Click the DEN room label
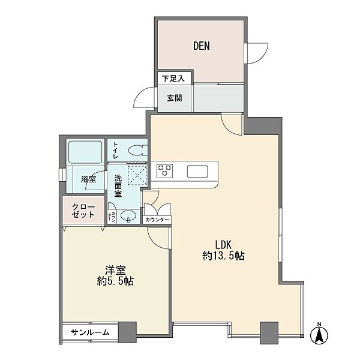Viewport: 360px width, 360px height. pos(202,46)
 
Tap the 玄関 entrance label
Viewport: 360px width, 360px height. pos(175,98)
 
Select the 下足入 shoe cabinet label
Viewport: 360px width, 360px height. pos(173,79)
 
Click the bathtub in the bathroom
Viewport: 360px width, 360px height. pos(85,152)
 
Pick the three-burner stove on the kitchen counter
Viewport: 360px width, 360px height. pos(164,170)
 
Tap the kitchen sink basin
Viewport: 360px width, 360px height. pos(197,171)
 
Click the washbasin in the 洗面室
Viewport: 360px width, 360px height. pos(128,216)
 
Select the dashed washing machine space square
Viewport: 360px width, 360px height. pos(137,175)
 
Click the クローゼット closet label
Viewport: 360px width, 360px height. pos(83,211)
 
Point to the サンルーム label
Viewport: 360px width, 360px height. pos(90,332)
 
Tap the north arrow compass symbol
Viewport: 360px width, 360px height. pos(319,334)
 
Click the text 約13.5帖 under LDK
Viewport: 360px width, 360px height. pos(223,256)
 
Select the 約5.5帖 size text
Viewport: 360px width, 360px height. pos(115,281)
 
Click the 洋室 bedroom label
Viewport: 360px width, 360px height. pos(115,270)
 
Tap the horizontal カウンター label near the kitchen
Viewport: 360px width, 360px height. pos(157,220)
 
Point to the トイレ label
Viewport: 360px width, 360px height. pos(116,151)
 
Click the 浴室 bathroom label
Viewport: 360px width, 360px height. pos(88,179)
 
